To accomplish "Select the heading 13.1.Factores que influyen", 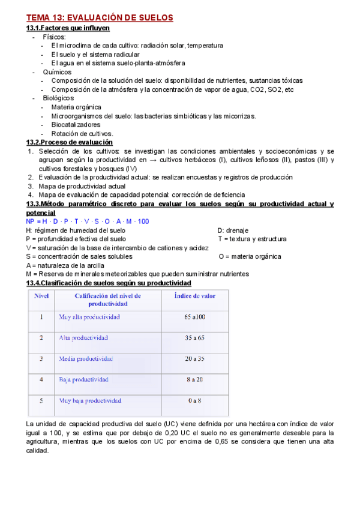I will (x=68, y=28).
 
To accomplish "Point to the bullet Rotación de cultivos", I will (x=82, y=133).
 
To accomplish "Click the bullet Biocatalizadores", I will (x=76, y=125).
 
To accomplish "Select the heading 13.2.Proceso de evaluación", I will (x=70, y=142).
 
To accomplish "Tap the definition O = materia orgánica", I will (x=250, y=257).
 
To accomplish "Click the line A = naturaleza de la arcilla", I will (x=65, y=265).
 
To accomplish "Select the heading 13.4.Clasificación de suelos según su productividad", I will (x=109, y=283).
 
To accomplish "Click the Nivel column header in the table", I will (x=41, y=295).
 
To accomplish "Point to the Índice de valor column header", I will (x=195, y=295).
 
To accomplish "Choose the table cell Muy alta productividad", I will (x=89, y=317).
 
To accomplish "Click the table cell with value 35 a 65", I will (x=195, y=338).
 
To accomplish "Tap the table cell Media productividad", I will (x=86, y=358).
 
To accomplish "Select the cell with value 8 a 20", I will (x=195, y=379).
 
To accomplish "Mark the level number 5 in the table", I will (x=41, y=400).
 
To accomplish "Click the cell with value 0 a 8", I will (x=195, y=400).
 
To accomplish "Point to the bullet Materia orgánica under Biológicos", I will (x=76, y=107).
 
